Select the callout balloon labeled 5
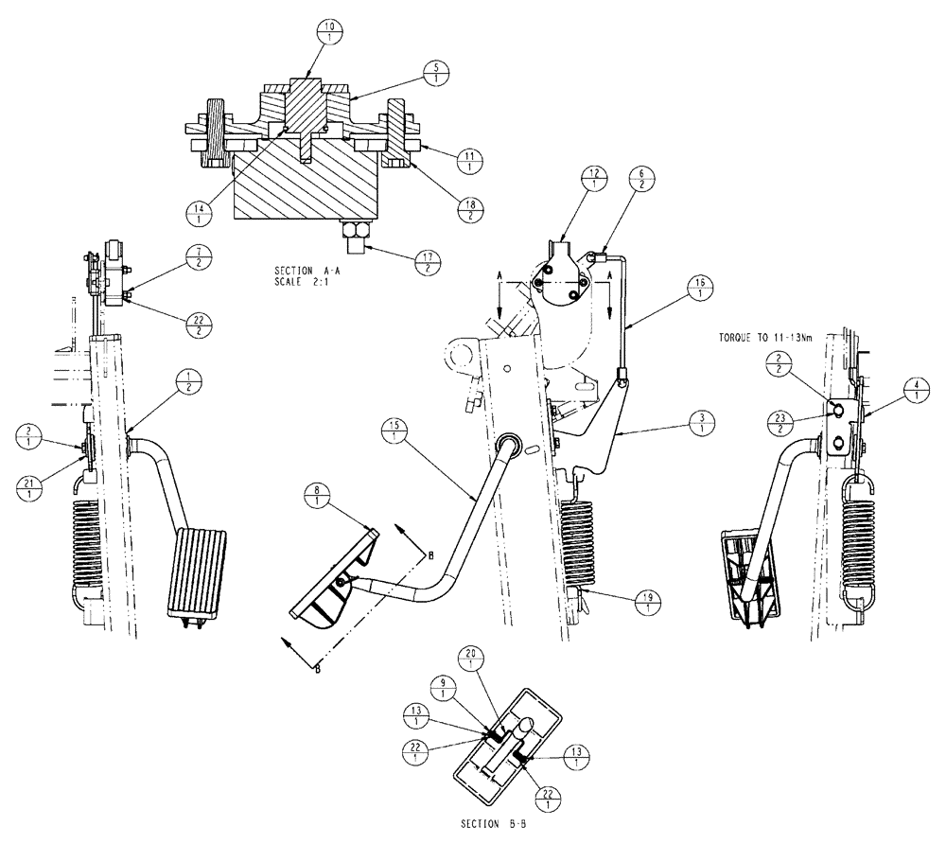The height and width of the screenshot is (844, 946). pyautogui.click(x=435, y=74)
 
